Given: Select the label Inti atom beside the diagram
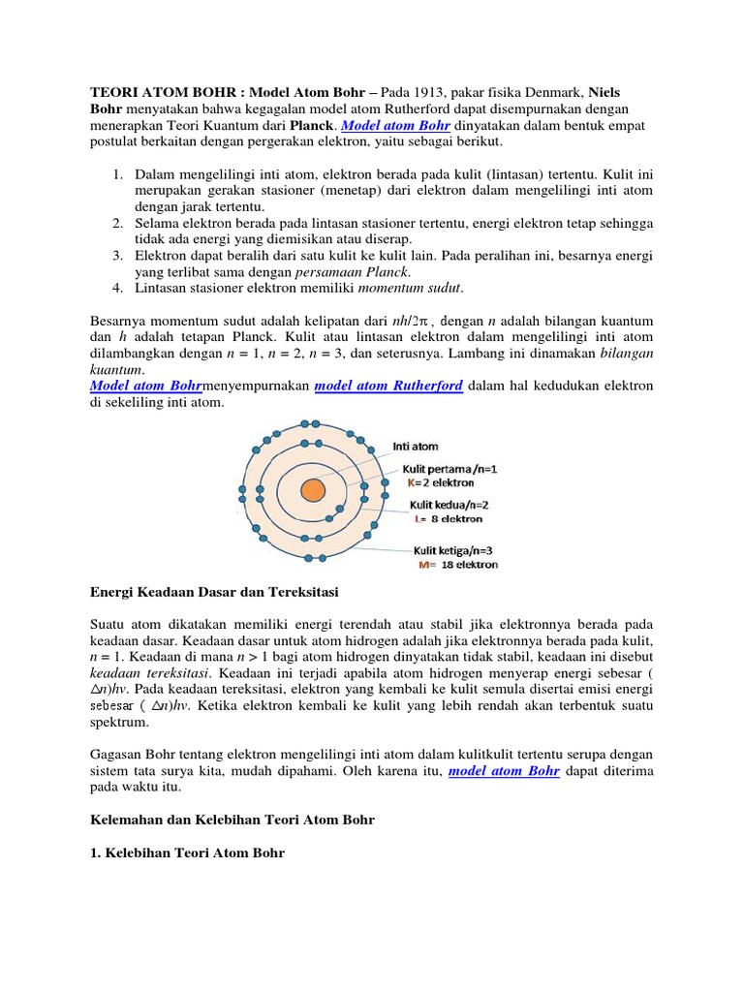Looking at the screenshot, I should (x=416, y=447).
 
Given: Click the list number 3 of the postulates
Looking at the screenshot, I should (x=115, y=255).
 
